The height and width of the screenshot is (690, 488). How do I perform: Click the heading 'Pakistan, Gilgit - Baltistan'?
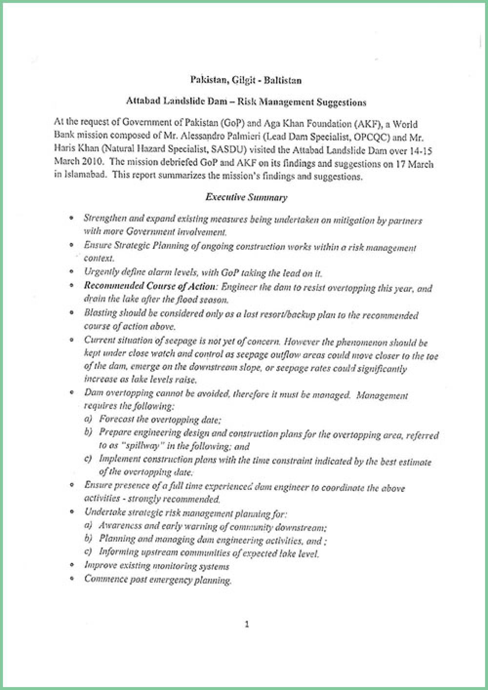[245, 80]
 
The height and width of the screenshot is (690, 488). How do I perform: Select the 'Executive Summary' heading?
[246, 197]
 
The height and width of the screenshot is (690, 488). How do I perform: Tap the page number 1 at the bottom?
[246, 624]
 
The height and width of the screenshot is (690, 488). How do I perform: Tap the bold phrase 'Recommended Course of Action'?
[149, 286]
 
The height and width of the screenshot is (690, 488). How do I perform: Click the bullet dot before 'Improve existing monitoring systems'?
[72, 566]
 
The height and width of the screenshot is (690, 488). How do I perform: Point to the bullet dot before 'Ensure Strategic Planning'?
[72, 245]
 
